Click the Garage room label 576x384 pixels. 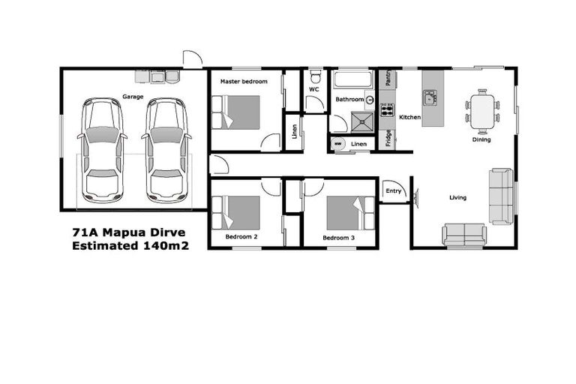coord(133,97)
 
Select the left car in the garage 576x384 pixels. coord(102,150)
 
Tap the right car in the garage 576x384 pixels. coord(165,150)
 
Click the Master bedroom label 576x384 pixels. coord(240,81)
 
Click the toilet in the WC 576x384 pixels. coord(316,77)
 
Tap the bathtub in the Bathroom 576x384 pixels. coord(353,80)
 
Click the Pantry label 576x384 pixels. coord(388,78)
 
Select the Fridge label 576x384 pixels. coord(388,139)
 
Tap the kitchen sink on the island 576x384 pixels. coord(430,97)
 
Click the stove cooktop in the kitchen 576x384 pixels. coord(388,111)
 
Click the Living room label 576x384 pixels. coord(457,198)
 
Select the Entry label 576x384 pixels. coord(393,191)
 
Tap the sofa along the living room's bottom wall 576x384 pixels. coord(464,235)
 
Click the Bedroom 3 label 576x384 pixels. coord(338,238)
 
